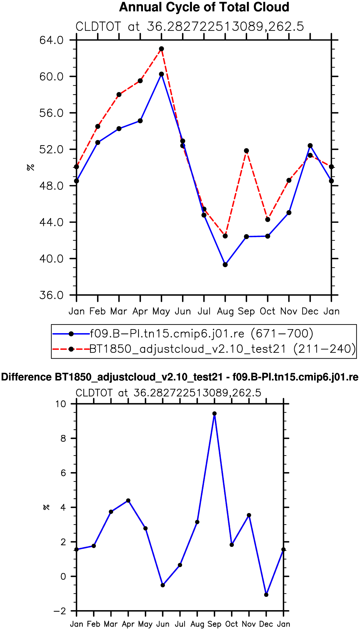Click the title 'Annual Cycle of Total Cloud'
[x=204, y=7]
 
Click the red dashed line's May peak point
[x=162, y=49]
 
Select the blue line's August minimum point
[x=225, y=265]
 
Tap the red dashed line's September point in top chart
[x=247, y=151]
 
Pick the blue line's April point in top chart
[x=140, y=121]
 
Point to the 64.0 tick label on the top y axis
[x=51, y=40]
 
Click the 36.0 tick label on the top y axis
[x=51, y=295]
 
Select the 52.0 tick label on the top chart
[x=51, y=149]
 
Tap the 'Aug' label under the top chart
[x=225, y=311]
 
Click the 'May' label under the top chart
[x=161, y=311]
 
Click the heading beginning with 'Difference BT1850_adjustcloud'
[x=180, y=377]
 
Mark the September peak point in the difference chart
[x=215, y=413]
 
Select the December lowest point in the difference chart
[x=266, y=595]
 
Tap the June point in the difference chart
[x=163, y=585]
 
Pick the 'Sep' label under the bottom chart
[x=215, y=624]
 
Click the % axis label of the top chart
[x=30, y=168]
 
